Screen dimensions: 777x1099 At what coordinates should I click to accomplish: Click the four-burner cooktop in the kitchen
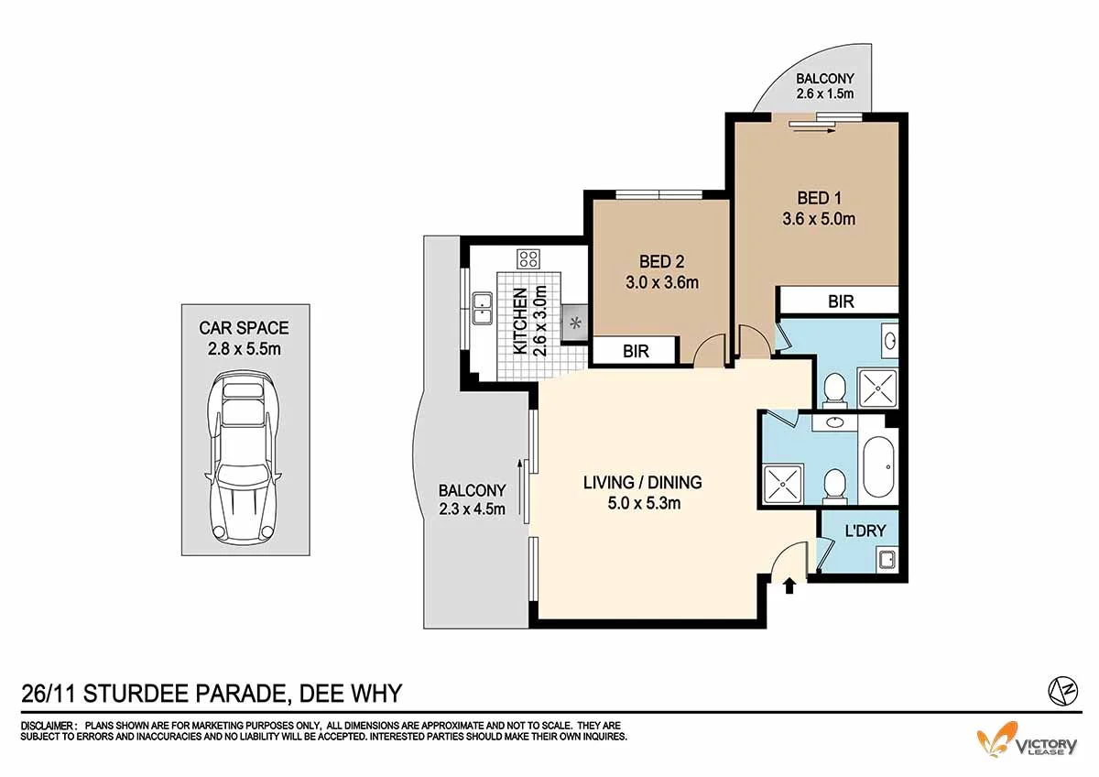[528, 258]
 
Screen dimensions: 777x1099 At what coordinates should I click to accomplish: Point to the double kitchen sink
[483, 309]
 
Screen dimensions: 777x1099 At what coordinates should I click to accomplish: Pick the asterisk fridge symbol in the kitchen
[576, 323]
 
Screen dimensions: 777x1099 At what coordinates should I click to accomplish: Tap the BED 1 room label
[819, 208]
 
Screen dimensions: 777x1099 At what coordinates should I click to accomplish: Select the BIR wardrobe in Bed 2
[636, 350]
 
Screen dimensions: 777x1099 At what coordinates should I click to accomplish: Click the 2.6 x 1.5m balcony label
[824, 86]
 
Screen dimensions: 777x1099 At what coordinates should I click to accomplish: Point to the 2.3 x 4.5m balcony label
[472, 499]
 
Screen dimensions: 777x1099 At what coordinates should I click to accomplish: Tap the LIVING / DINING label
[642, 491]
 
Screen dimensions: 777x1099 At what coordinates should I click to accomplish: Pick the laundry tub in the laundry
[886, 559]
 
